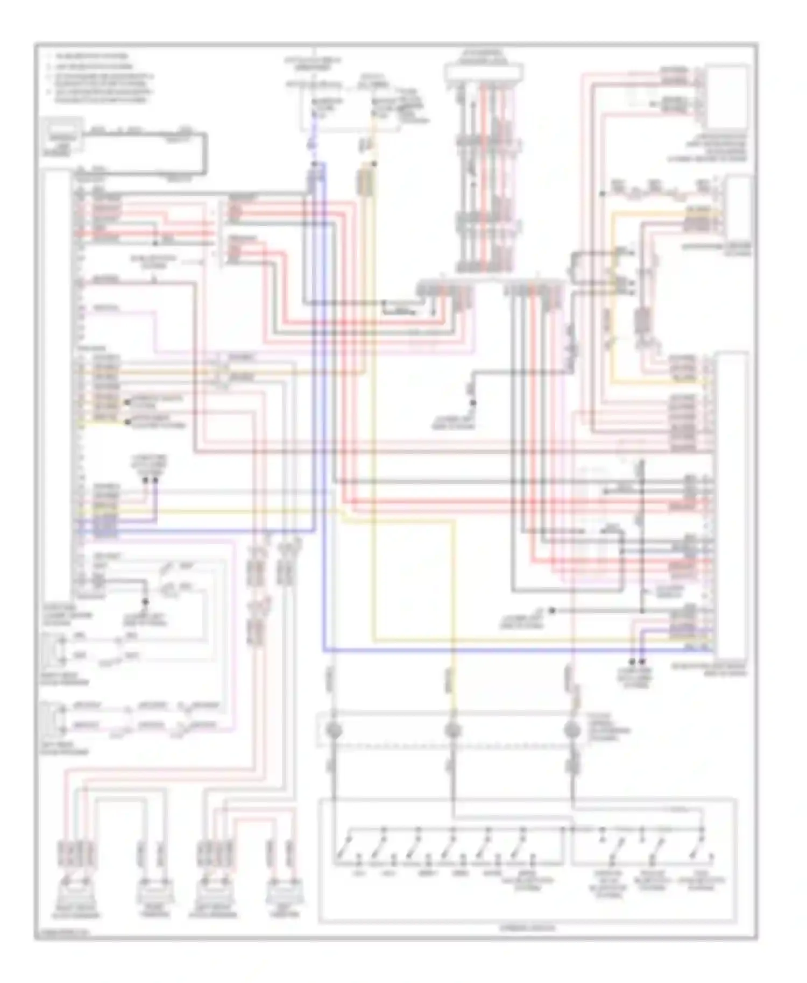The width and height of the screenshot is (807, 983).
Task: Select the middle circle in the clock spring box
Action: (x=453, y=730)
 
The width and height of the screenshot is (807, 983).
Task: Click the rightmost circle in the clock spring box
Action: (x=572, y=730)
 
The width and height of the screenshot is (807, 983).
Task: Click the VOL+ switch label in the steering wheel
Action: (x=358, y=873)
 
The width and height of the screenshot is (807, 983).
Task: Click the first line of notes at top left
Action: (x=89, y=56)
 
